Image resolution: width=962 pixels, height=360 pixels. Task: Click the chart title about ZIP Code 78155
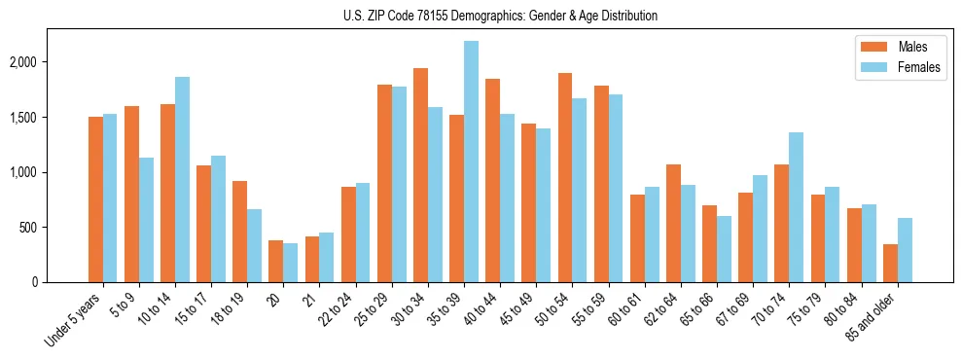481,16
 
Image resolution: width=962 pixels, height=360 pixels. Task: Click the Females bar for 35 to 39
471,162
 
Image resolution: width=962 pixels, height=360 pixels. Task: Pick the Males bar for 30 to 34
420,175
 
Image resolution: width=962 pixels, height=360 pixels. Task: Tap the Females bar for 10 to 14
182,180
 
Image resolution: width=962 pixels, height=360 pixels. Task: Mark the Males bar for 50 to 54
565,178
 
